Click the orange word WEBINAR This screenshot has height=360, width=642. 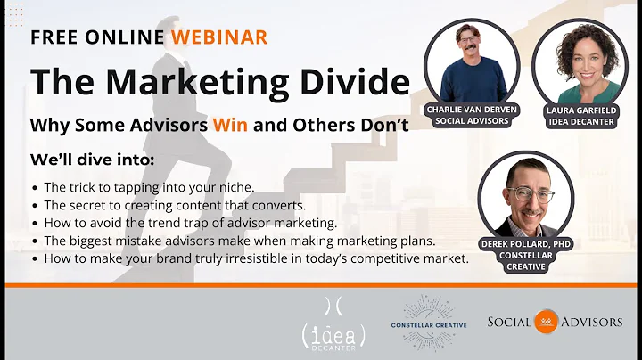(219, 37)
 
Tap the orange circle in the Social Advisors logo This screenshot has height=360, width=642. (546, 322)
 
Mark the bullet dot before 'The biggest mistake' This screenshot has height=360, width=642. (34, 241)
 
